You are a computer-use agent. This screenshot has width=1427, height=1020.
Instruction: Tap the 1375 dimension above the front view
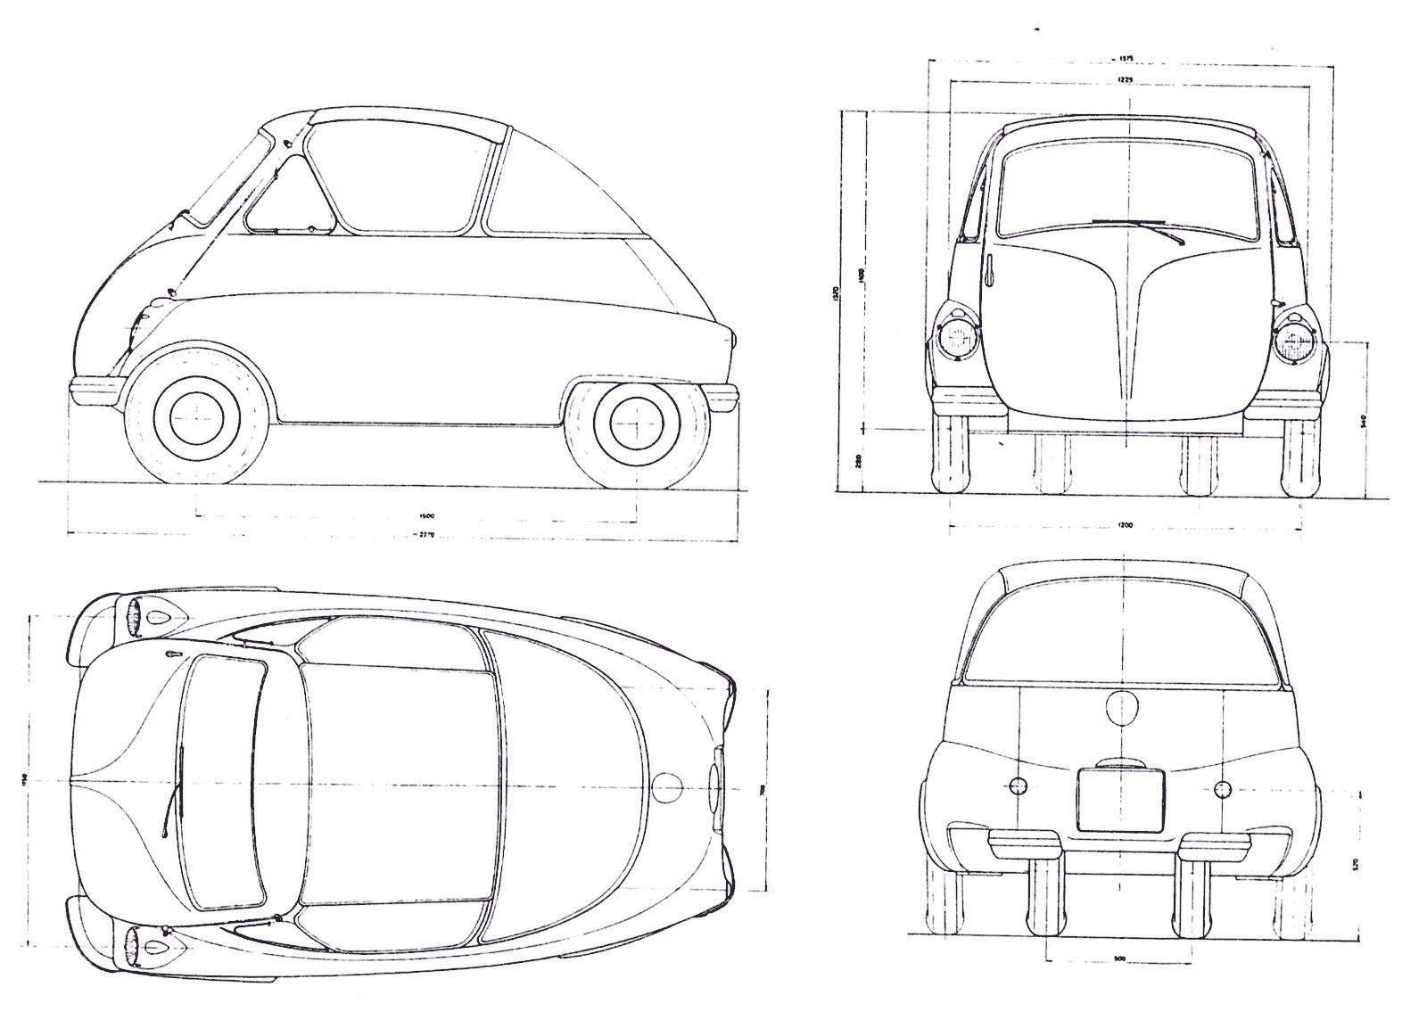click(1126, 60)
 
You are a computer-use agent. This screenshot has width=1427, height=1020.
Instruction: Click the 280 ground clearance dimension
click(857, 462)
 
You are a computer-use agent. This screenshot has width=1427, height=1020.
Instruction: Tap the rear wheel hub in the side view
click(635, 418)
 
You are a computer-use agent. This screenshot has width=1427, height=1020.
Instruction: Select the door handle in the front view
click(990, 271)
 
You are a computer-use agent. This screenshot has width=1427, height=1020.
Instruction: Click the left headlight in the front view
click(955, 340)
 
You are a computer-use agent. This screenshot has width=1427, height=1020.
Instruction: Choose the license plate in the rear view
click(1120, 800)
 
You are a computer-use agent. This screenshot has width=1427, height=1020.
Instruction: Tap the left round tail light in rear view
click(1017, 786)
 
